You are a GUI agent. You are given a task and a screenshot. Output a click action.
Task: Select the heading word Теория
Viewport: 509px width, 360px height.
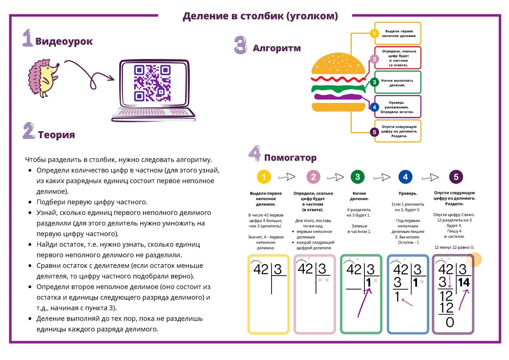(56, 135)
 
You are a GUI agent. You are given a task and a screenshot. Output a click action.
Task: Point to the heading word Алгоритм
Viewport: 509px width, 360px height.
(277, 48)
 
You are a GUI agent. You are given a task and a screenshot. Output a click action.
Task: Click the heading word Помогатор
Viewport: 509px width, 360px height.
(290, 158)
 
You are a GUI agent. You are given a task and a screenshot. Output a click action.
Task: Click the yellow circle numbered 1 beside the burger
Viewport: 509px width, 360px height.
(374, 33)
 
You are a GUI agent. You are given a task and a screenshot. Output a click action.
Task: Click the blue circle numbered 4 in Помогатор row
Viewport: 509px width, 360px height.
(405, 177)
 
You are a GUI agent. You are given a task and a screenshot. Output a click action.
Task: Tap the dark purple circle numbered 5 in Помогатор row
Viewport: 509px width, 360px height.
(456, 177)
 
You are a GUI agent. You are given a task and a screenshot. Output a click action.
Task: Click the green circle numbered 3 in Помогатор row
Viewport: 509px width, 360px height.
(357, 177)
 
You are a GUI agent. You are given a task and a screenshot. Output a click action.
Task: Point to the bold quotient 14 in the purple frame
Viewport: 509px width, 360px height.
(465, 283)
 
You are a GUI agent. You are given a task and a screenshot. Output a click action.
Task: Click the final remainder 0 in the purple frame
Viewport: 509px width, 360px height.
(450, 323)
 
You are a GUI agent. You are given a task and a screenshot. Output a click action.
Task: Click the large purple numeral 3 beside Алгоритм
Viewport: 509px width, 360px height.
(241, 45)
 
